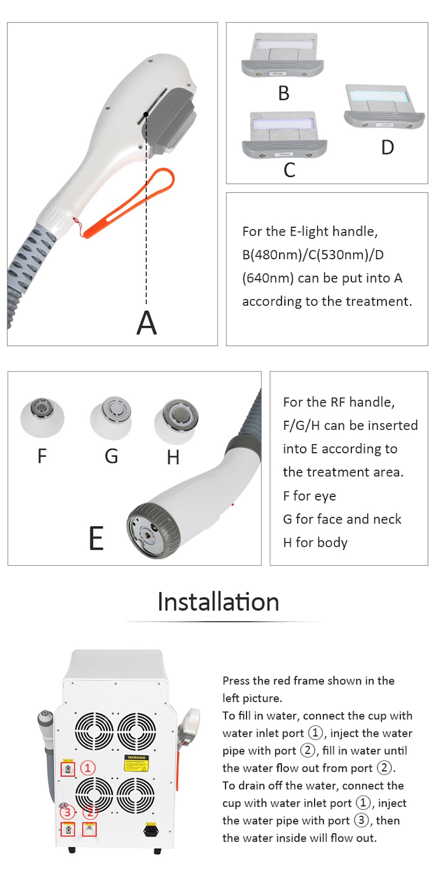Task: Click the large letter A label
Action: [x=146, y=323]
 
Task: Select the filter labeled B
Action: [x=282, y=57]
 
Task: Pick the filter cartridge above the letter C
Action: [x=284, y=135]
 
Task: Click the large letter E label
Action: [x=96, y=538]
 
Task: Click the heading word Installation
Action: [x=218, y=602]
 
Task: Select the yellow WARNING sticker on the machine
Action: [x=136, y=763]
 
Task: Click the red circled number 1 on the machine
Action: [x=88, y=767]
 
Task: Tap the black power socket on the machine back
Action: [x=151, y=829]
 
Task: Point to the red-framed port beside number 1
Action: [x=68, y=769]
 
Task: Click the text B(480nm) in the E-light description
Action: [x=271, y=255]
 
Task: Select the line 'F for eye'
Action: [x=309, y=496]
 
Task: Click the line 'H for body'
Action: [x=315, y=543]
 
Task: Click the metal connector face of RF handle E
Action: [x=149, y=531]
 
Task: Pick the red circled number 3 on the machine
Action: [x=67, y=812]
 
